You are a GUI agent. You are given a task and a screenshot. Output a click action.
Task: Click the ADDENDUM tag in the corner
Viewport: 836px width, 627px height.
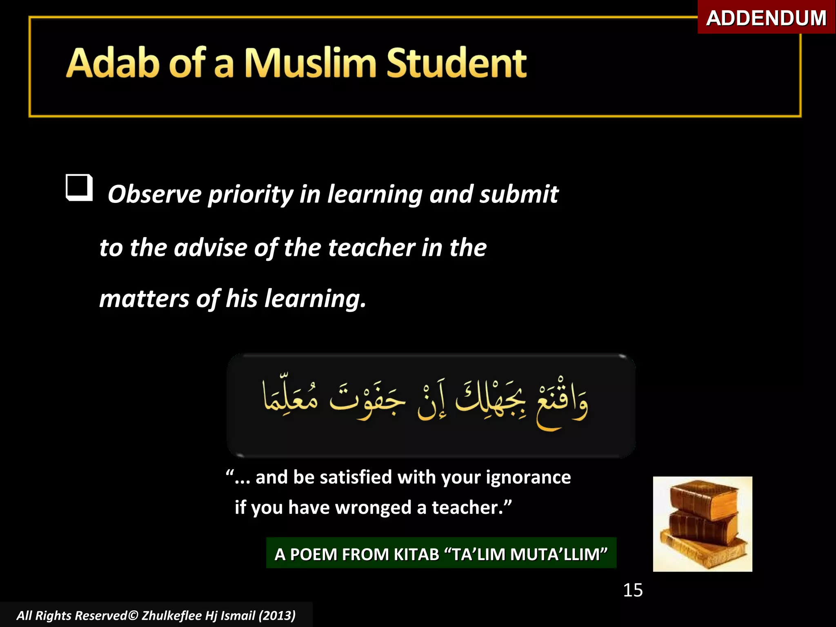[766, 18]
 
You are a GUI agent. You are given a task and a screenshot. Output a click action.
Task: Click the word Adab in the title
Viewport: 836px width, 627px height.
[113, 63]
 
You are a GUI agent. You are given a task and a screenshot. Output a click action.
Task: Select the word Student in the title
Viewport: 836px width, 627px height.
[456, 63]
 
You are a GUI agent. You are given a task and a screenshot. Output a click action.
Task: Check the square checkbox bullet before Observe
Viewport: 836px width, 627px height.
[79, 187]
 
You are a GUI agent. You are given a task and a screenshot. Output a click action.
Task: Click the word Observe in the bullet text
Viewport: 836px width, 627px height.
[154, 194]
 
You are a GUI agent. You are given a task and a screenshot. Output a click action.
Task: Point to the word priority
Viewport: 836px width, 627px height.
[251, 195]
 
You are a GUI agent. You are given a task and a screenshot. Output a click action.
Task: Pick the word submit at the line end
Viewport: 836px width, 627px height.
[519, 194]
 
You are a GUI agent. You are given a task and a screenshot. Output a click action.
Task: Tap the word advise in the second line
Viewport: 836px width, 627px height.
[211, 248]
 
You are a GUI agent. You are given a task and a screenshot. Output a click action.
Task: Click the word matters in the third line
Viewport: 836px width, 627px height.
[144, 299]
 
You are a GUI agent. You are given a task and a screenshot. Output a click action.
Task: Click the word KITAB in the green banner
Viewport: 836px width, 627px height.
[416, 554]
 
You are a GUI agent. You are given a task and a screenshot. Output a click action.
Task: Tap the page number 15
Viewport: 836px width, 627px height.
[633, 590]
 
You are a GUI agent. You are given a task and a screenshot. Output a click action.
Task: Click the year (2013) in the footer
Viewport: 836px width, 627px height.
[277, 615]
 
